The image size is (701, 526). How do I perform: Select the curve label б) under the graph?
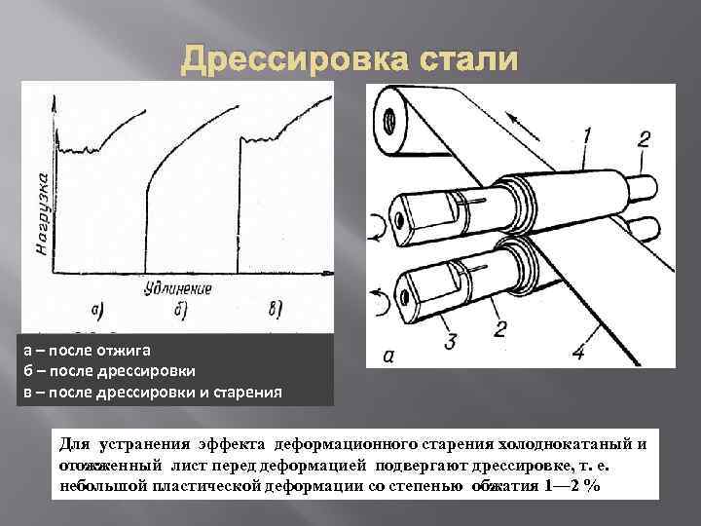181,311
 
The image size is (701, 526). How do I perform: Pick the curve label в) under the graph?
274,311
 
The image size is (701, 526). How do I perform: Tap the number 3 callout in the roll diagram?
450,342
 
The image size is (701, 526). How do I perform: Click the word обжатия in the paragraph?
503,485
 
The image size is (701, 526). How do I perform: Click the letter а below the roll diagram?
388,357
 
